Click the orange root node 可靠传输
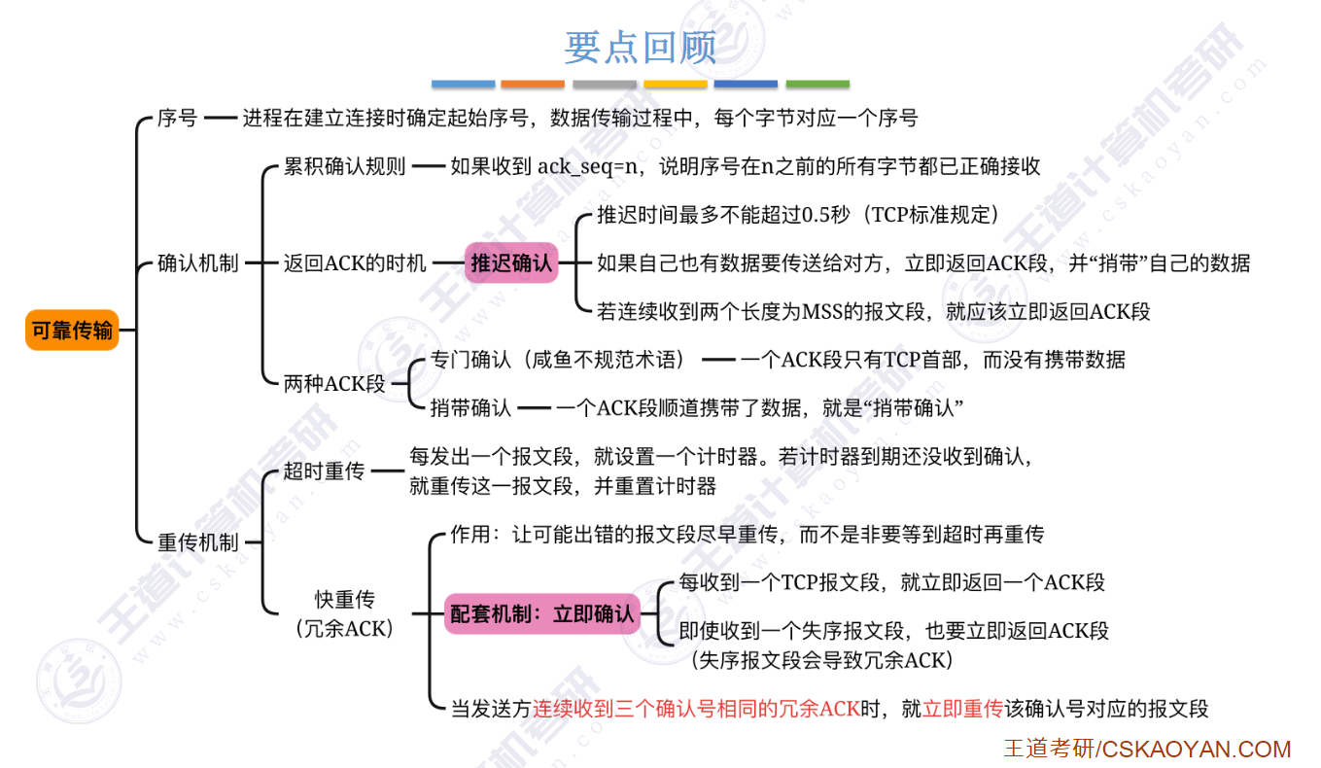[72, 331]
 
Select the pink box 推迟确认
[511, 262]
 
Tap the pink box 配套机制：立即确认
[541, 613]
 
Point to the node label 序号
[177, 119]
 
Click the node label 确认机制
[197, 263]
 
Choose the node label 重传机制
[197, 541]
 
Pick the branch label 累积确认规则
[344, 166]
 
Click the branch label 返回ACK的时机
[355, 263]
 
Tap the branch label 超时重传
[324, 471]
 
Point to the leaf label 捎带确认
[470, 408]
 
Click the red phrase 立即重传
[962, 709]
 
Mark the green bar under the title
[817, 85]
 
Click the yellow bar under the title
[676, 85]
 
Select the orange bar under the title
[533, 85]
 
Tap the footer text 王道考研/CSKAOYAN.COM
[1147, 750]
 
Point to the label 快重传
[344, 599]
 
